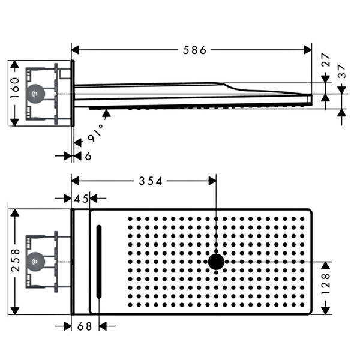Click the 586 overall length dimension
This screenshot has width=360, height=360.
pos(194,50)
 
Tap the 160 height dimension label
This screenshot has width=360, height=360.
pos(15,88)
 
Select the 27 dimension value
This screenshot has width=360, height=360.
pos(326,59)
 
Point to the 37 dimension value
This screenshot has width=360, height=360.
pos(342,71)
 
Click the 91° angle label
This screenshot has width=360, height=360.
pos(96,134)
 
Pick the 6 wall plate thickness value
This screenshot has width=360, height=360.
pos(88,156)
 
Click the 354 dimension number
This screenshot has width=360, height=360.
pos(151,181)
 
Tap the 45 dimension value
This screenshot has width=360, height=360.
pos(81,199)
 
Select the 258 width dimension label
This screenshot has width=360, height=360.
pos(15,260)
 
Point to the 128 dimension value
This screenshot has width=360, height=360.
pos(326,284)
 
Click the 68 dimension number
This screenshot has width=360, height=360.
pos(85,326)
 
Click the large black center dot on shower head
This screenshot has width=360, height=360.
pos(216,262)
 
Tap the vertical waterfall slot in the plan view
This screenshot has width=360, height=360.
pos(99,262)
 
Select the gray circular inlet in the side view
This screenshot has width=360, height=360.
pos(35,94)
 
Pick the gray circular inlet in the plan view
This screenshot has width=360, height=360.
pos(35,262)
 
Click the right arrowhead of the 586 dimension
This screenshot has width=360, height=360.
pos(308,50)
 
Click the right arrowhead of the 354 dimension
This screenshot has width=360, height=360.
pos(212,181)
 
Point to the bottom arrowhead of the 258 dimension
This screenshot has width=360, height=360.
pos(15,311)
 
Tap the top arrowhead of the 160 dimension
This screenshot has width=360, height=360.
pos(14,65)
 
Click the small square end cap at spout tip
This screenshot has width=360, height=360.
pos(309,100)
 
